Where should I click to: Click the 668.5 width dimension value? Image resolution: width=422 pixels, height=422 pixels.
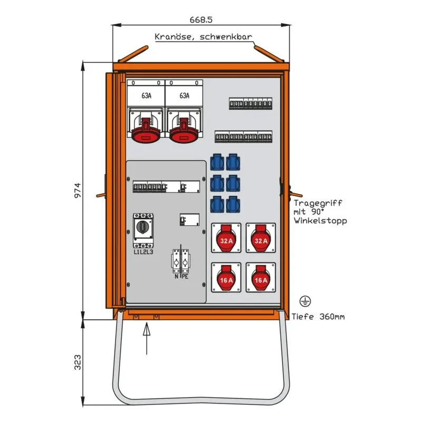click(202, 20)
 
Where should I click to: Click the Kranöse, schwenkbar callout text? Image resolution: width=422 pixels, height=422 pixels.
click(203, 37)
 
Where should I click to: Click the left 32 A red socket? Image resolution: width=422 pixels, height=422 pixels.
click(227, 241)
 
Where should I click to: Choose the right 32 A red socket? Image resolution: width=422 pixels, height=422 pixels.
click(261, 241)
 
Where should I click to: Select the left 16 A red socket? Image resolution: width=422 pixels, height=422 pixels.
click(227, 279)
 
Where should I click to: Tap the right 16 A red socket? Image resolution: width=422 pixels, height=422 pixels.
click(261, 279)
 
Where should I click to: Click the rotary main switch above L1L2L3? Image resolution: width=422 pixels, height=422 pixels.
click(143, 228)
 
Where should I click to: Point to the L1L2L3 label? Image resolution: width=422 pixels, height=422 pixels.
click(143, 252)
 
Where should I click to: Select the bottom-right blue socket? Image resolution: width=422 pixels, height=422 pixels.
click(232, 203)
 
